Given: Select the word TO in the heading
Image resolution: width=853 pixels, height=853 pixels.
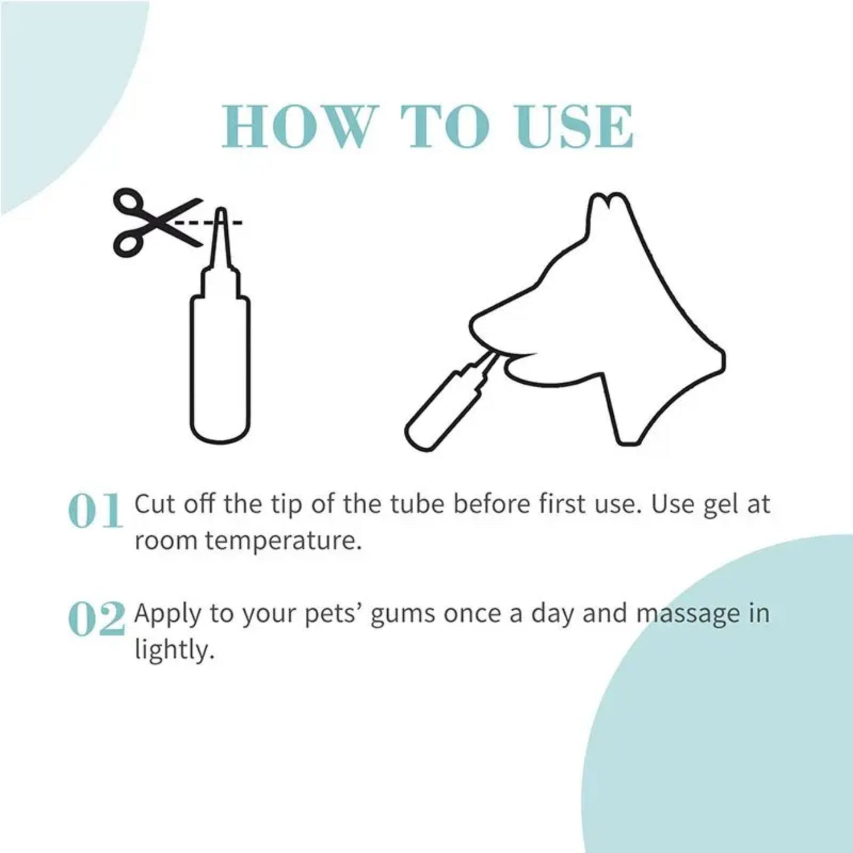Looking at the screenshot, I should tap(445, 127).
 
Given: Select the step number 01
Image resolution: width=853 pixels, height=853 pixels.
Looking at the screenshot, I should tap(96, 511).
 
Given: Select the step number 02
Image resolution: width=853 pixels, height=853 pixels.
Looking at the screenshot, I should tap(97, 619).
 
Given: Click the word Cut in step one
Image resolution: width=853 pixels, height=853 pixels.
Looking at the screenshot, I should tap(152, 505).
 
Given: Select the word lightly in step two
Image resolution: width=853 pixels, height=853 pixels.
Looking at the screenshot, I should tap(172, 651).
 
